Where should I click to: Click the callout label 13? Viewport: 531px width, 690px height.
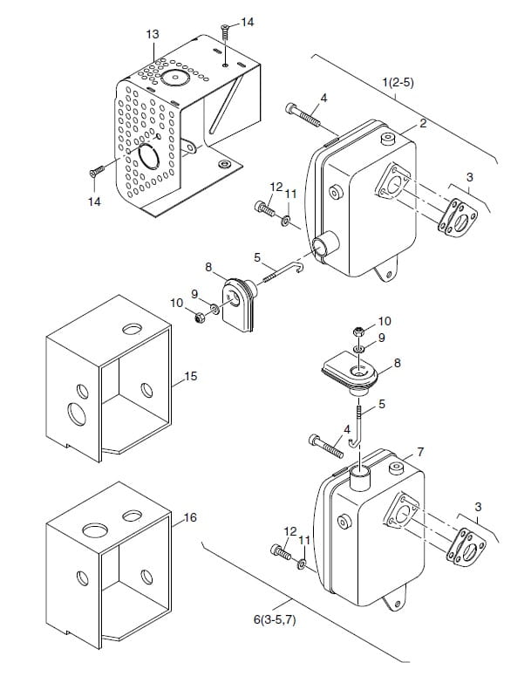[153, 34]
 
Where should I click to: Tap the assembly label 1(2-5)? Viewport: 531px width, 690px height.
[398, 82]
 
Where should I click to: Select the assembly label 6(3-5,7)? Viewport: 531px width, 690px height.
[275, 619]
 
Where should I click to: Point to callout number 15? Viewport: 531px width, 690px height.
[191, 376]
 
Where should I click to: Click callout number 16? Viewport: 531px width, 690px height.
[189, 517]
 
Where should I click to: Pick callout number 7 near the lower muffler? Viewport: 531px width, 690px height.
[420, 452]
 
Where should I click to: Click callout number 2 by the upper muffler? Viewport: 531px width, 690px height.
[423, 123]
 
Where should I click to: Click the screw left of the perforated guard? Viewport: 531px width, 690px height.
[96, 171]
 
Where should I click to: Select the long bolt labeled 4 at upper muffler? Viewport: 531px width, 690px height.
[303, 114]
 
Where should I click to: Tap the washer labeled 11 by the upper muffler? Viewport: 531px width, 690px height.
[286, 220]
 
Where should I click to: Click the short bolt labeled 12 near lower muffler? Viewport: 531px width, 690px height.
[281, 551]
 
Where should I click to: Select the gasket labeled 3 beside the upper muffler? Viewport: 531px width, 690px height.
[458, 217]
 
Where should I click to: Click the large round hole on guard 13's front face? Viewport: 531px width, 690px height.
[148, 156]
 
